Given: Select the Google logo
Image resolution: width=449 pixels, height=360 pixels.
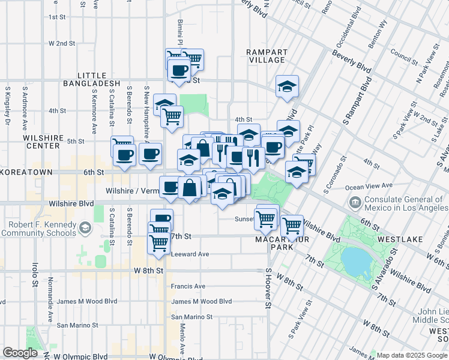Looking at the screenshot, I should click(x=20, y=353).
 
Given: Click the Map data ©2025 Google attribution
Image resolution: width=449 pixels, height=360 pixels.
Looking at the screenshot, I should click(x=412, y=355).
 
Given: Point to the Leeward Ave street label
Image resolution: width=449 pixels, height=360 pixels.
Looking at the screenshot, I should click(x=190, y=254).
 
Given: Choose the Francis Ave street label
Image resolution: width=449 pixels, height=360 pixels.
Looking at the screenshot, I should click(x=188, y=286).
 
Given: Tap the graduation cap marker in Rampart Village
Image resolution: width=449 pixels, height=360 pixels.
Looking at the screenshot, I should click(x=288, y=86).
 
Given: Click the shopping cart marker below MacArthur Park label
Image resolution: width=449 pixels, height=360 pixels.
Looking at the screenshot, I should click(x=292, y=226).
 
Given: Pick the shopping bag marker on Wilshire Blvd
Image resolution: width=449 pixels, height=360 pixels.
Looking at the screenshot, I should click(x=190, y=187).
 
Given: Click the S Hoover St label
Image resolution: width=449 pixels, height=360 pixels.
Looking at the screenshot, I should click(x=268, y=288).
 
